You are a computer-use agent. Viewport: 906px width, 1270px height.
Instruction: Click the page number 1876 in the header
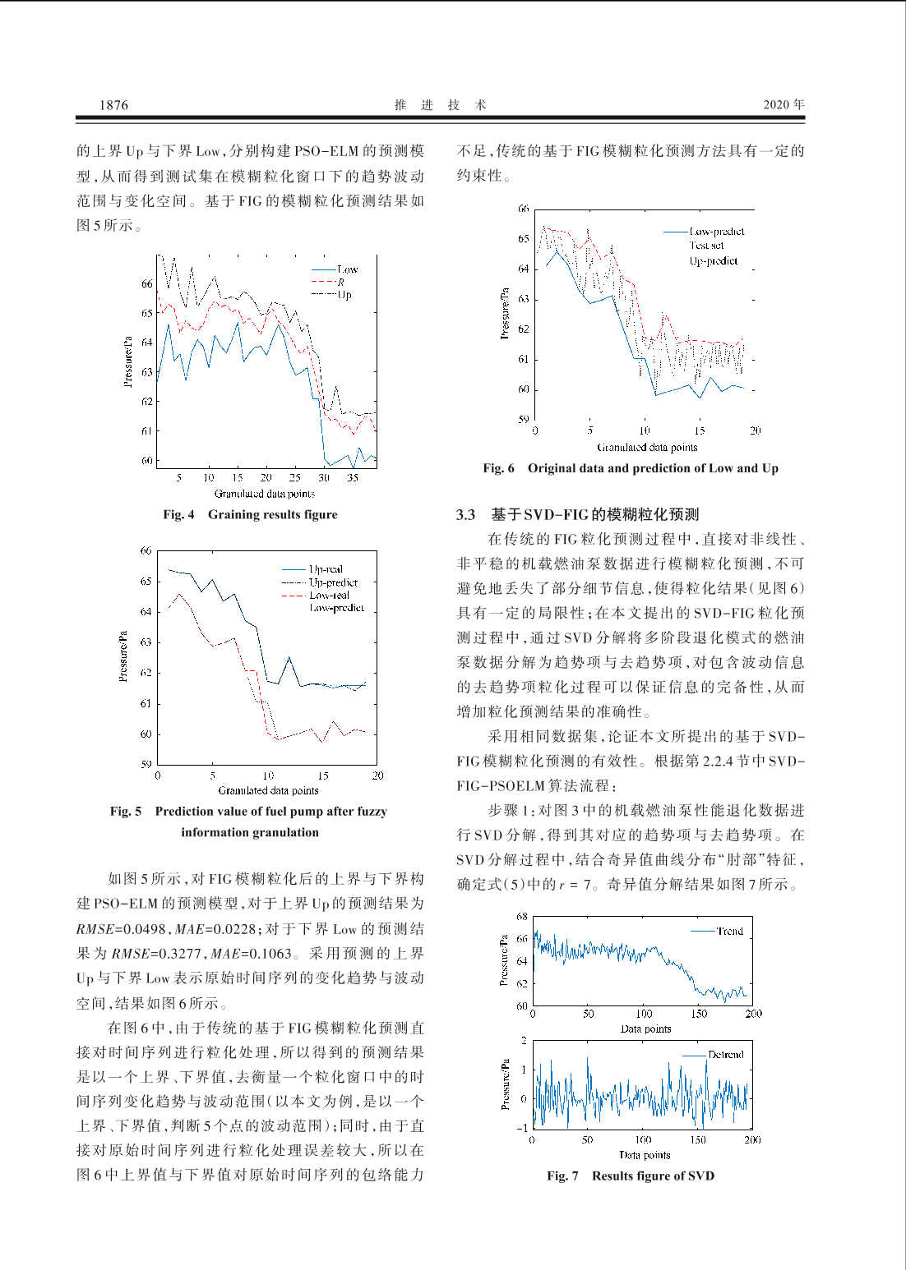click(x=113, y=104)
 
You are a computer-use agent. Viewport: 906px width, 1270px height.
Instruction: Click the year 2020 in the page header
click(x=777, y=104)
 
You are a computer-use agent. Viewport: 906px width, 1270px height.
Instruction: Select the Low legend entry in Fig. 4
click(x=347, y=269)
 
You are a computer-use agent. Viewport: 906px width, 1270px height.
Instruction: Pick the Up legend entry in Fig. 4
click(x=344, y=295)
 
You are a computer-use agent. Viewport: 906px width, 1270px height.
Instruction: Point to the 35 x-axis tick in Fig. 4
click(x=353, y=477)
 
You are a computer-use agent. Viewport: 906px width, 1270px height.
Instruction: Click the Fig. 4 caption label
click(x=178, y=514)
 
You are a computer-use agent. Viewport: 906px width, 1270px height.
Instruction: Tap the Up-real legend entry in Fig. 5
click(x=326, y=568)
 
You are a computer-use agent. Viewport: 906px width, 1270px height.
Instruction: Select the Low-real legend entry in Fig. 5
click(x=329, y=595)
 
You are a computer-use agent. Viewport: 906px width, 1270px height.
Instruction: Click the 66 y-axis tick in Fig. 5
click(x=146, y=550)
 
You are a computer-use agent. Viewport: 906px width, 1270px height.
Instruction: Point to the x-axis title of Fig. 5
click(x=268, y=790)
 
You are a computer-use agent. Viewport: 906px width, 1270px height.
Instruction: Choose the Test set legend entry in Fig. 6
click(x=706, y=246)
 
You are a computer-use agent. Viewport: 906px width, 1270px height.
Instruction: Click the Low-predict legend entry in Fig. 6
click(x=716, y=232)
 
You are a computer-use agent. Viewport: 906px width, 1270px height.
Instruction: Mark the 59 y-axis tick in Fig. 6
click(x=524, y=419)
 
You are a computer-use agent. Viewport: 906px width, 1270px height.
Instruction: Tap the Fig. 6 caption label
click(x=498, y=468)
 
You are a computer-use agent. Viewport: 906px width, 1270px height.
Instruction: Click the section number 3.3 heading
click(x=465, y=514)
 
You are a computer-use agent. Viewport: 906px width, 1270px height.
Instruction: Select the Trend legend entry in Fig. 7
click(x=729, y=931)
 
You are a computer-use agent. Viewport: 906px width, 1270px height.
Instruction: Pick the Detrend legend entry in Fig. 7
click(x=725, y=1054)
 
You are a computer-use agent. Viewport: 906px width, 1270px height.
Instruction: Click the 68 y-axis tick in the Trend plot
click(x=522, y=916)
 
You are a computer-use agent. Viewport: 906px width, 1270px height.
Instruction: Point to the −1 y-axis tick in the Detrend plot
click(x=522, y=1127)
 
